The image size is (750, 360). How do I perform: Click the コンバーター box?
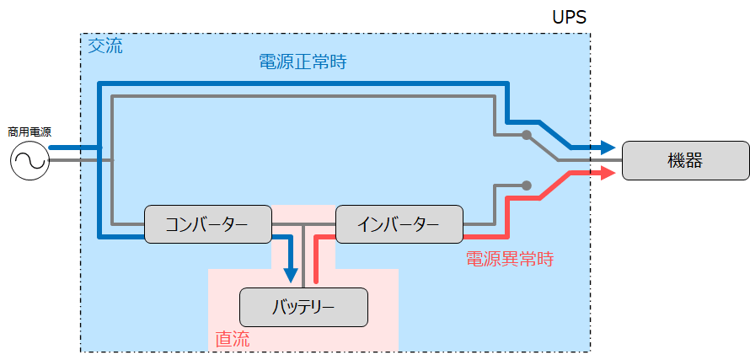point(207,224)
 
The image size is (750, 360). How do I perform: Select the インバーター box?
point(399,224)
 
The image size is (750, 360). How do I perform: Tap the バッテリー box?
point(303,307)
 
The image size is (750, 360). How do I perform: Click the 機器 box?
point(685,160)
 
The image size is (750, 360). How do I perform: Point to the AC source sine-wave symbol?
point(29,161)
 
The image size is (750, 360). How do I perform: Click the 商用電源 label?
point(29,132)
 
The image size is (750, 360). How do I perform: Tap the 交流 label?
point(105,46)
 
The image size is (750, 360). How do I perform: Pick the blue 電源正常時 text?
point(302,62)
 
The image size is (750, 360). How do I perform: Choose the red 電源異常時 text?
point(509,259)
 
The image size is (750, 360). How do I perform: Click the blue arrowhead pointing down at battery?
point(291,275)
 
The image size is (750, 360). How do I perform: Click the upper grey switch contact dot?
point(526,135)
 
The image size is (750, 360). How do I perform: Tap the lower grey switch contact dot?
point(526,185)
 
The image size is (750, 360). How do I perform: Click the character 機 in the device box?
point(676,160)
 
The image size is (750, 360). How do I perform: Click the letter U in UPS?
point(556,17)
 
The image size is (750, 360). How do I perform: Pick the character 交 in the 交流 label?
point(96,46)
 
